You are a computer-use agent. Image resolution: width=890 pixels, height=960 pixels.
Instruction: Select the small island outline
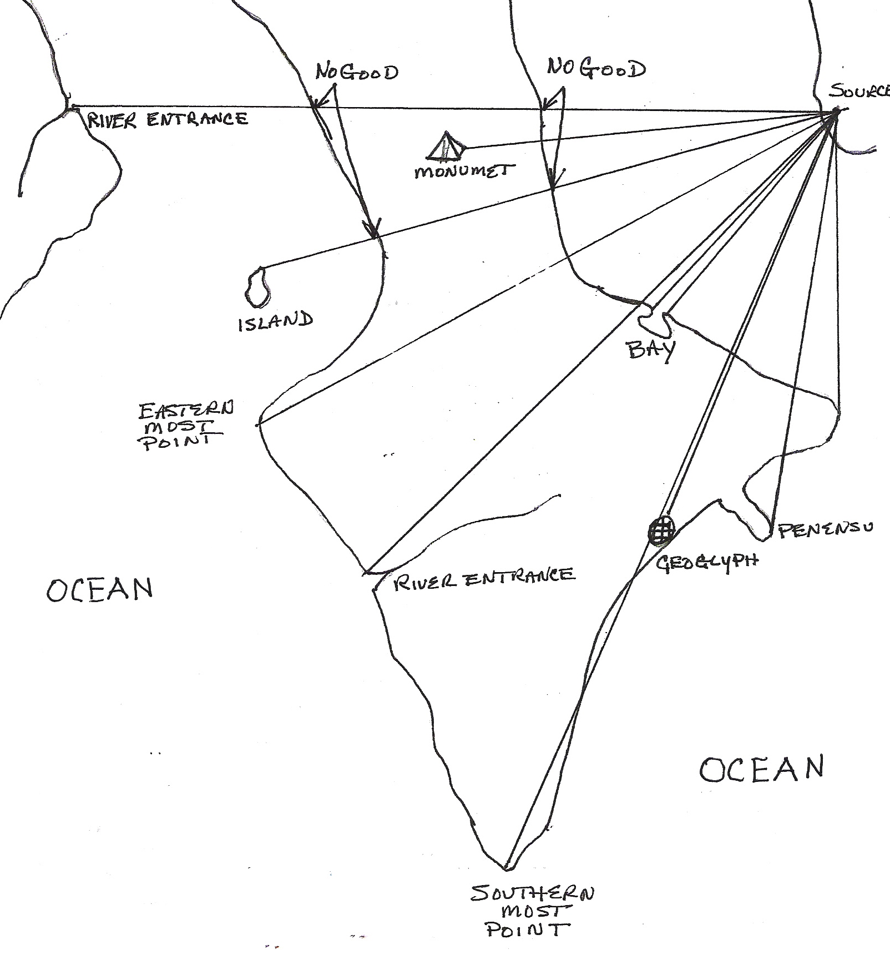click(256, 287)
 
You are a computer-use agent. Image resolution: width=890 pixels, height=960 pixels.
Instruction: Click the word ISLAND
click(275, 322)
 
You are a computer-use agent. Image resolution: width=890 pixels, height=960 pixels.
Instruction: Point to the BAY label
click(651, 350)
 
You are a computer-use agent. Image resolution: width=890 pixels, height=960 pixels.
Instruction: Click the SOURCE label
click(860, 92)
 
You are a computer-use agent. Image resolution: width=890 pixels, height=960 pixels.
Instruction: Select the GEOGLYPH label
click(707, 562)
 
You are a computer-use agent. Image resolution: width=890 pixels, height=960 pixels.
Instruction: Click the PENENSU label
click(825, 530)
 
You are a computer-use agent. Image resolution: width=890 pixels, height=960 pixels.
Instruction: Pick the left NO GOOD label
click(357, 73)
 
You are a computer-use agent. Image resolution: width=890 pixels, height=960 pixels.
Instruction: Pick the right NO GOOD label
click(596, 68)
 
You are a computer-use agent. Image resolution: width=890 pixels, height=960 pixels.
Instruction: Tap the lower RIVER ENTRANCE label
click(483, 575)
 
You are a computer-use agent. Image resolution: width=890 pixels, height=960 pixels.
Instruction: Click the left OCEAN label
click(99, 590)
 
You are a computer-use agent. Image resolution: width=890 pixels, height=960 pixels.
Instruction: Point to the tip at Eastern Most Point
click(258, 425)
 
